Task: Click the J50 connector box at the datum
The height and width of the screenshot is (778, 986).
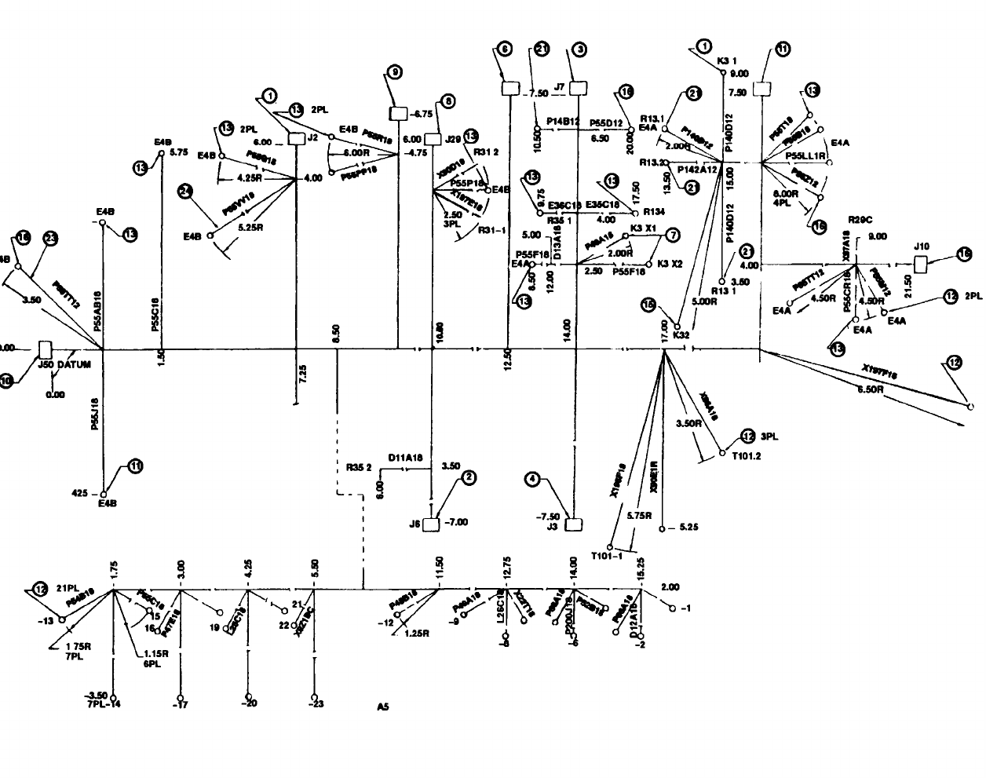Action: tap(46, 349)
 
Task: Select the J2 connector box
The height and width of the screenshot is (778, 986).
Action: tap(296, 139)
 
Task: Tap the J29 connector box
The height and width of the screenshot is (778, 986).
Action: tap(433, 139)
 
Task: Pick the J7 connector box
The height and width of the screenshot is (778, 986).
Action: tap(578, 86)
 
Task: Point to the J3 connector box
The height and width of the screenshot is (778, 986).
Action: tap(574, 524)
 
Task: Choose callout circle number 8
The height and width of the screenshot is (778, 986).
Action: tap(447, 101)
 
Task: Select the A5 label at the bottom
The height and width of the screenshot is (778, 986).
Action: tap(382, 707)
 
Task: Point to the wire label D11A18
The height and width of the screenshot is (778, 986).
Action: tap(405, 455)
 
